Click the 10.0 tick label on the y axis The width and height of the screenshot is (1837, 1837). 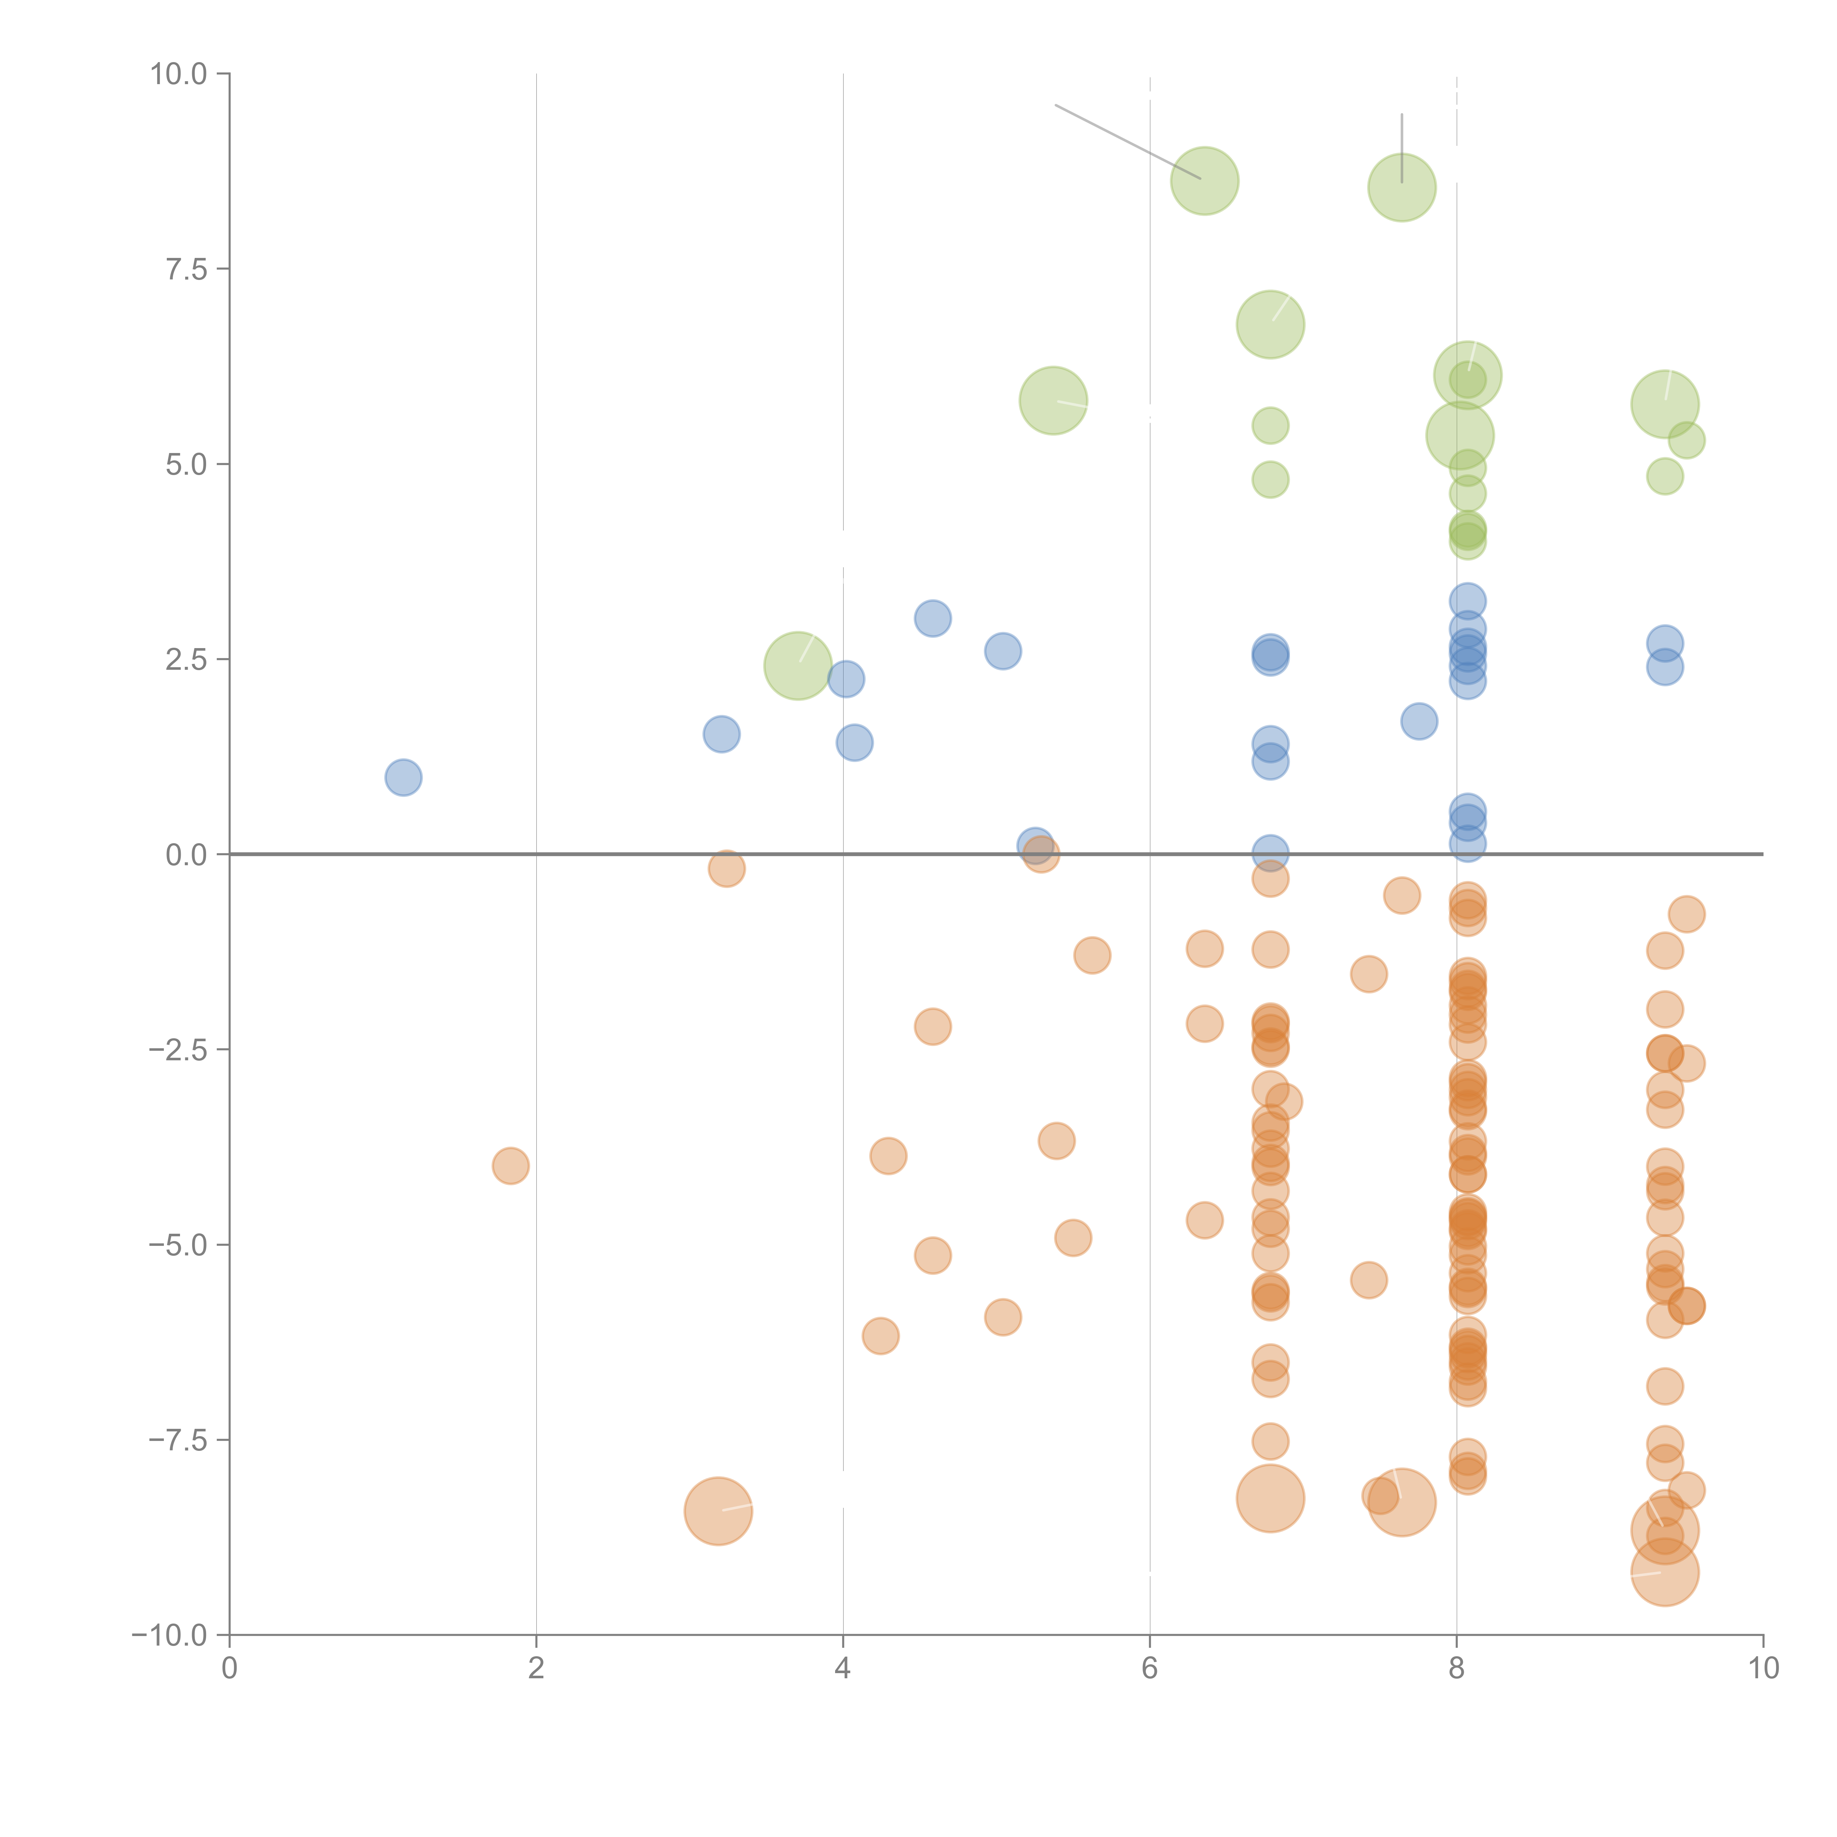click(179, 74)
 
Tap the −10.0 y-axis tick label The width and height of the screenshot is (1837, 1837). click(171, 1635)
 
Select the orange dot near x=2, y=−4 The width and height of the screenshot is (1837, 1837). click(511, 1166)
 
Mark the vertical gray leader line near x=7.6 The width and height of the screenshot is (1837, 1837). click(1402, 143)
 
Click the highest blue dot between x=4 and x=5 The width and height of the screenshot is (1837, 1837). click(933, 619)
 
